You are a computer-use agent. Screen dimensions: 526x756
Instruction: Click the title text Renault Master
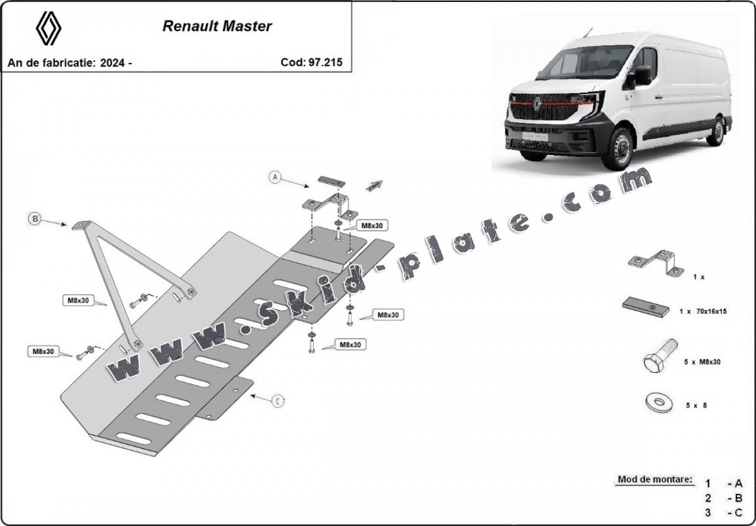(217, 27)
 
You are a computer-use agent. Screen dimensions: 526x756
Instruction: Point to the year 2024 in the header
(114, 63)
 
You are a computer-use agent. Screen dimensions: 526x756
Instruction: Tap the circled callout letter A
(276, 176)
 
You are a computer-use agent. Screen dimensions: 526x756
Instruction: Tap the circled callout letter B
(35, 219)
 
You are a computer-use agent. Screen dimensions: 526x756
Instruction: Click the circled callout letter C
(278, 401)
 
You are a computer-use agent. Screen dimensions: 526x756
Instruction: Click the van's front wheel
(619, 148)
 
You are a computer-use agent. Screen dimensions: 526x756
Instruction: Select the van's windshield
(583, 63)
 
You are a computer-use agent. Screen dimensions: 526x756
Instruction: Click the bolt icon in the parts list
(660, 360)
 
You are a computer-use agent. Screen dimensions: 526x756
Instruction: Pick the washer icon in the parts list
(658, 403)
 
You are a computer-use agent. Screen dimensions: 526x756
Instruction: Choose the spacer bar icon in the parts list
(646, 306)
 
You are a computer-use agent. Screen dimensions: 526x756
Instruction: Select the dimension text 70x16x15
(708, 312)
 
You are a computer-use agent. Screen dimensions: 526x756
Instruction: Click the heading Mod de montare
(654, 479)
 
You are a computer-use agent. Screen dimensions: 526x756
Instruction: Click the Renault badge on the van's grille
(537, 103)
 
